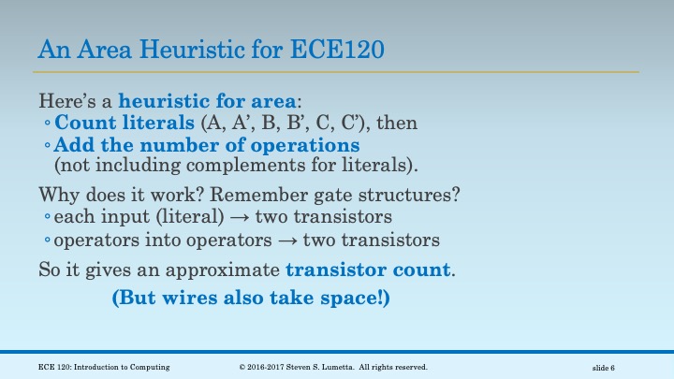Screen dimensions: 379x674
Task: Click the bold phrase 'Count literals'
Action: tap(119, 123)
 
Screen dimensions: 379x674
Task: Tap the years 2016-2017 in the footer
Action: tap(268, 365)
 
